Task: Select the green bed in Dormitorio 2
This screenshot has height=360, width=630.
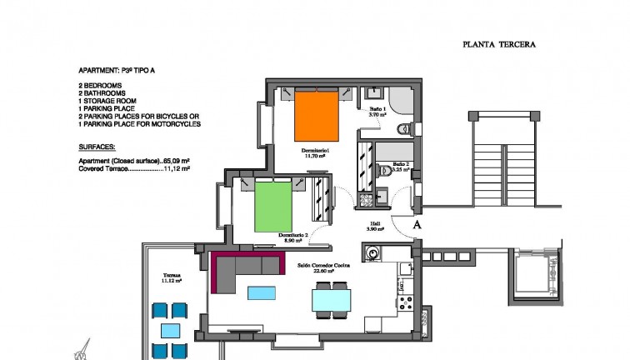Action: click(272, 207)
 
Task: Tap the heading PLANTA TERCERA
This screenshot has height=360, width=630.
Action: click(498, 46)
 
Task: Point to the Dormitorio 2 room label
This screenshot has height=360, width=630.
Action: click(294, 238)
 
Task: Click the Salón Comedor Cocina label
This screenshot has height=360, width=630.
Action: click(324, 267)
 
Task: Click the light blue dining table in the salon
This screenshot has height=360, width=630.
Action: click(331, 298)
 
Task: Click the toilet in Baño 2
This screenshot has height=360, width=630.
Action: click(385, 171)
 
